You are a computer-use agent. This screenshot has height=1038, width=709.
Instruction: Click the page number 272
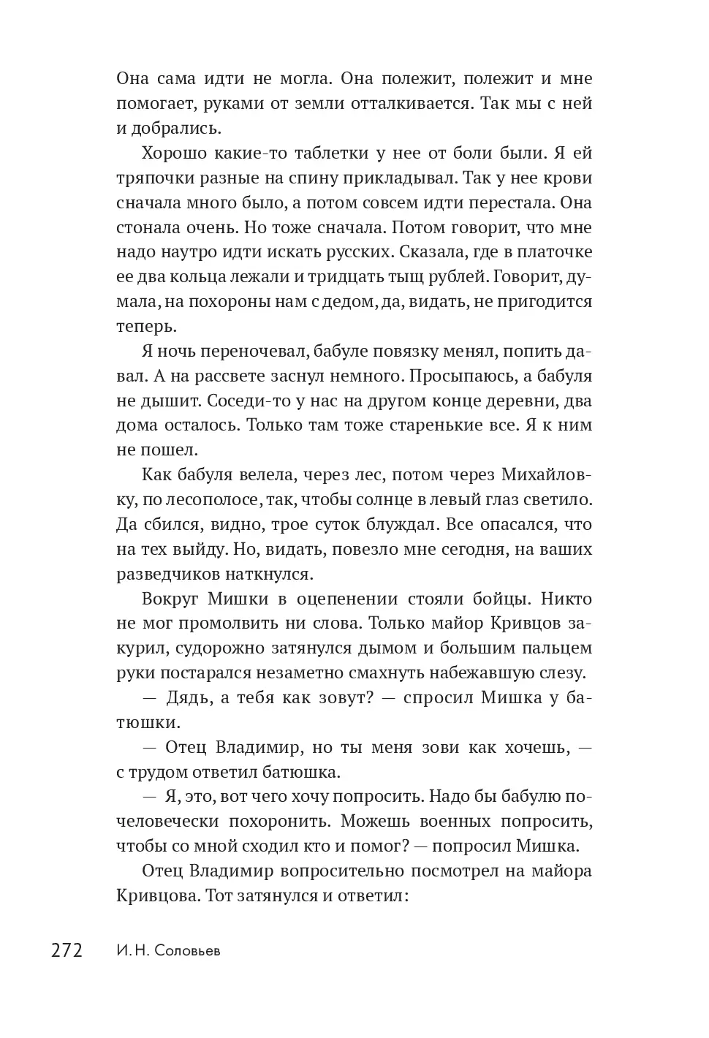coord(67,951)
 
